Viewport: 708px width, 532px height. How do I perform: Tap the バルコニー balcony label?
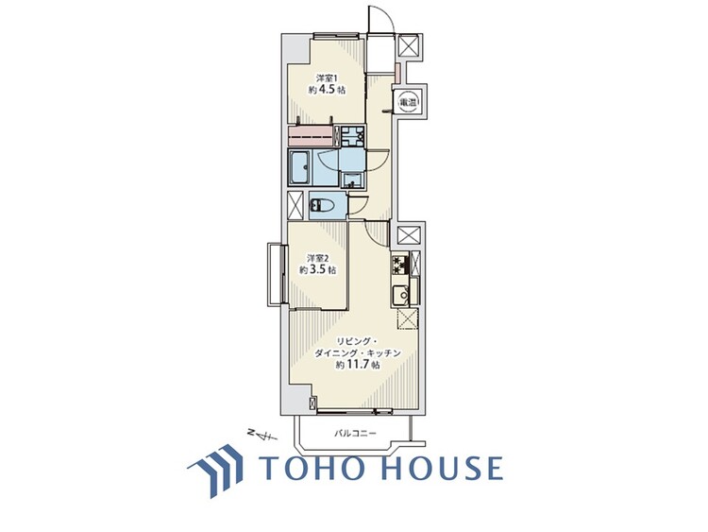coord(355,434)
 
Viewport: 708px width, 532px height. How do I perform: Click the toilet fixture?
coord(321,206)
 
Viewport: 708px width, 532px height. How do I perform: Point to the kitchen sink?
coord(400,296)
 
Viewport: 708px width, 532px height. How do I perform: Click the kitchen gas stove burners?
coord(400,265)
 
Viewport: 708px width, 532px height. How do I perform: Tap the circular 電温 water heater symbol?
coord(407,102)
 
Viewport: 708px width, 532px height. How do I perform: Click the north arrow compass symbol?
coord(262,435)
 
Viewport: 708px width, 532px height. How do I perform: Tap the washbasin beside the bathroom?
coord(350,180)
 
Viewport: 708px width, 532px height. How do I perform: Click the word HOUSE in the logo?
coord(442,468)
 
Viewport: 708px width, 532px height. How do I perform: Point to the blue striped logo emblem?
coord(215,470)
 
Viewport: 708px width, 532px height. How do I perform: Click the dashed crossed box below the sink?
coord(408,320)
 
